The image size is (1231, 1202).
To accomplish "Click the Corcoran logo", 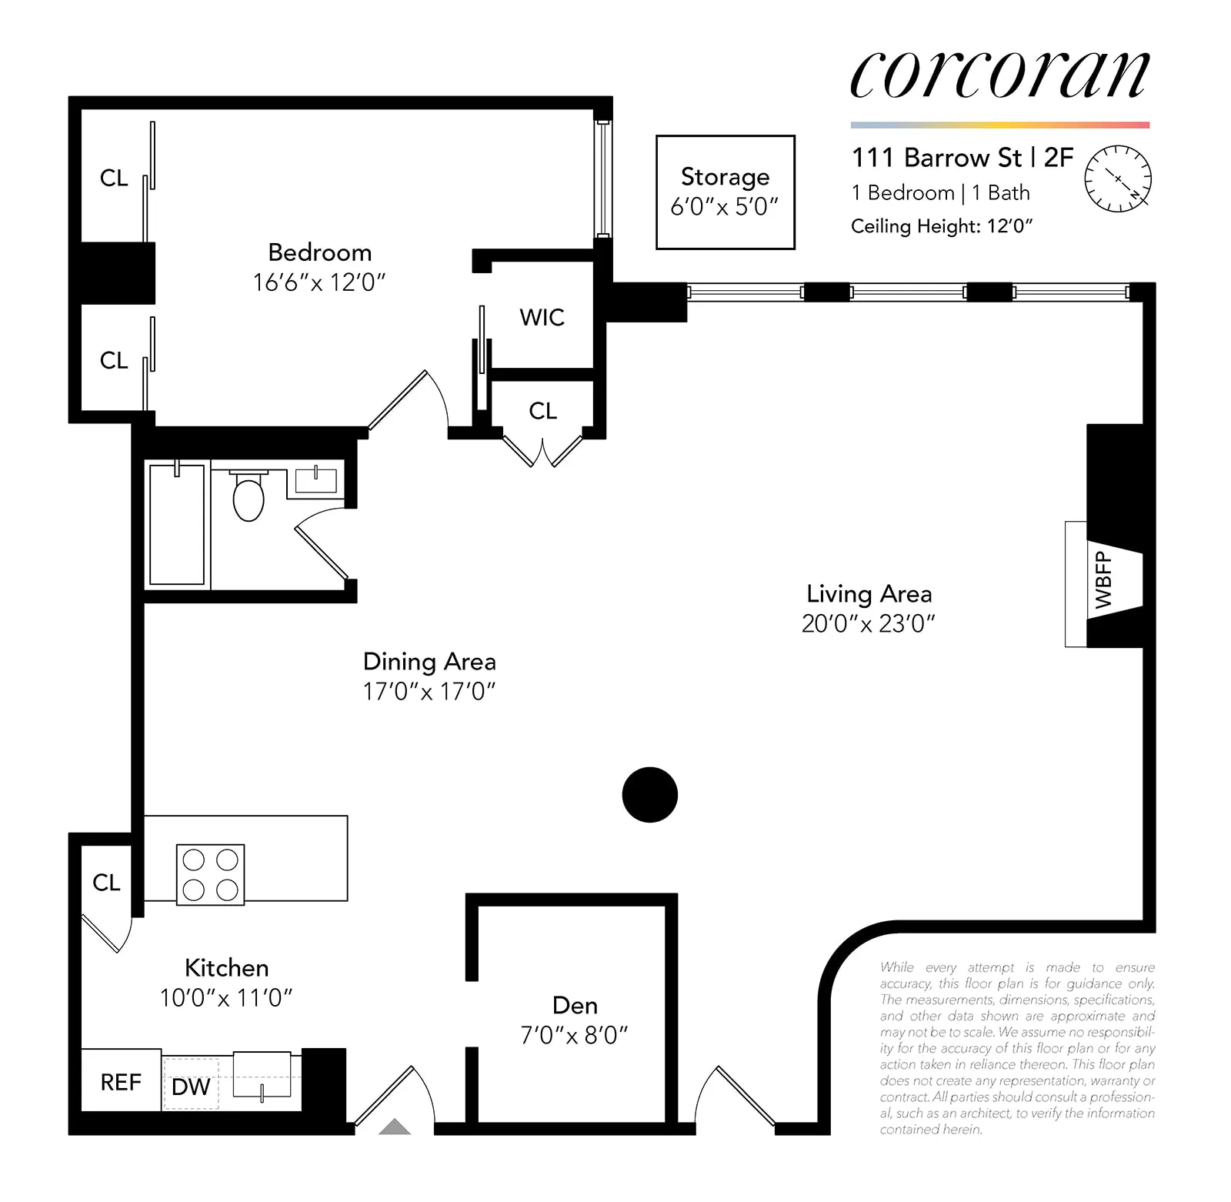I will pyautogui.click(x=999, y=75).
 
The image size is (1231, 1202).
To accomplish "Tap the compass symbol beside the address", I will pyautogui.click(x=1118, y=179).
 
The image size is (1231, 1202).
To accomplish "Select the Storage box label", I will pyautogui.click(x=725, y=177).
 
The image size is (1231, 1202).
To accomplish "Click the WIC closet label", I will pyautogui.click(x=542, y=317).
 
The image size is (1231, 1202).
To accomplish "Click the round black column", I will pyautogui.click(x=649, y=794).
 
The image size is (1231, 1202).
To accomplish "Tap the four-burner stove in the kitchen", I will pyautogui.click(x=210, y=874).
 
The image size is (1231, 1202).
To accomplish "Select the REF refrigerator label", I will pyautogui.click(x=121, y=1083).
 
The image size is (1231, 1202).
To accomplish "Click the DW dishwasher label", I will pyautogui.click(x=191, y=1087).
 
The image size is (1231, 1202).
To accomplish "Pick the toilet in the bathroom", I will pyautogui.click(x=248, y=497).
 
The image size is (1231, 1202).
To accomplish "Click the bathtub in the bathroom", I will pyautogui.click(x=177, y=524).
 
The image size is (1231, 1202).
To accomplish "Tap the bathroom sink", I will pyautogui.click(x=316, y=480).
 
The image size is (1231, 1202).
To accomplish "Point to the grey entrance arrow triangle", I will pyautogui.click(x=395, y=1127).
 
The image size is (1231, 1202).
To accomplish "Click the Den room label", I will pyautogui.click(x=575, y=1005).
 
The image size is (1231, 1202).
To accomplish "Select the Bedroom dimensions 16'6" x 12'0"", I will pyautogui.click(x=319, y=282).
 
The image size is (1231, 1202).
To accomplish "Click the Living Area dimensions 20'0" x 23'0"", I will pyautogui.click(x=868, y=623).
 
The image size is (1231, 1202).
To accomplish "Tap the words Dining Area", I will pyautogui.click(x=429, y=662).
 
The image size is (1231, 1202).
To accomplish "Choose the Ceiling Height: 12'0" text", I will pyautogui.click(x=941, y=226).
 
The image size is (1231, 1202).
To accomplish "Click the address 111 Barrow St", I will pyautogui.click(x=936, y=158).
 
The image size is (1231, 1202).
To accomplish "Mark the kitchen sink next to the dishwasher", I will pyautogui.click(x=262, y=1073).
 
